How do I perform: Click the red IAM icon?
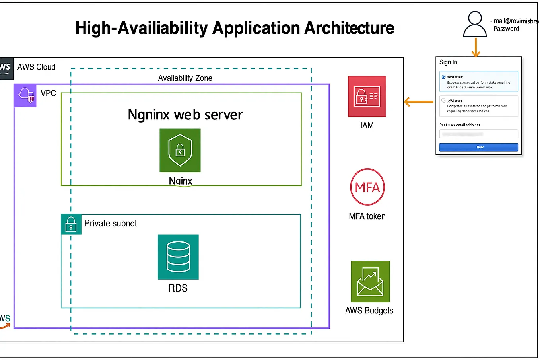[367, 96]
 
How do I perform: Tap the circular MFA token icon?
[367, 187]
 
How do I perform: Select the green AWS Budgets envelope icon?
[370, 281]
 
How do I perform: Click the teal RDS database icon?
[178, 257]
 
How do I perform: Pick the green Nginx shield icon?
[180, 150]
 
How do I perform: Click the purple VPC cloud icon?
[25, 95]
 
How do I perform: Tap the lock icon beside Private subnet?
[71, 224]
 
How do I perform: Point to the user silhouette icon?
[475, 24]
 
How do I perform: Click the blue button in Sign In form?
[478, 147]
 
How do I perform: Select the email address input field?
[478, 134]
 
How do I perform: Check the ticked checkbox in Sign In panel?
[443, 77]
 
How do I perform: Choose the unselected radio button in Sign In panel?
[443, 101]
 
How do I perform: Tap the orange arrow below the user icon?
[476, 48]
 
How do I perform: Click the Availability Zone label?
[185, 78]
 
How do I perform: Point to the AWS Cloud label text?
[36, 67]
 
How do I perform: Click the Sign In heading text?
[448, 62]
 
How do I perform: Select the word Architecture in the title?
[349, 28]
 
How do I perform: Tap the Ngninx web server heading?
[185, 115]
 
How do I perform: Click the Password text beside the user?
[506, 29]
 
